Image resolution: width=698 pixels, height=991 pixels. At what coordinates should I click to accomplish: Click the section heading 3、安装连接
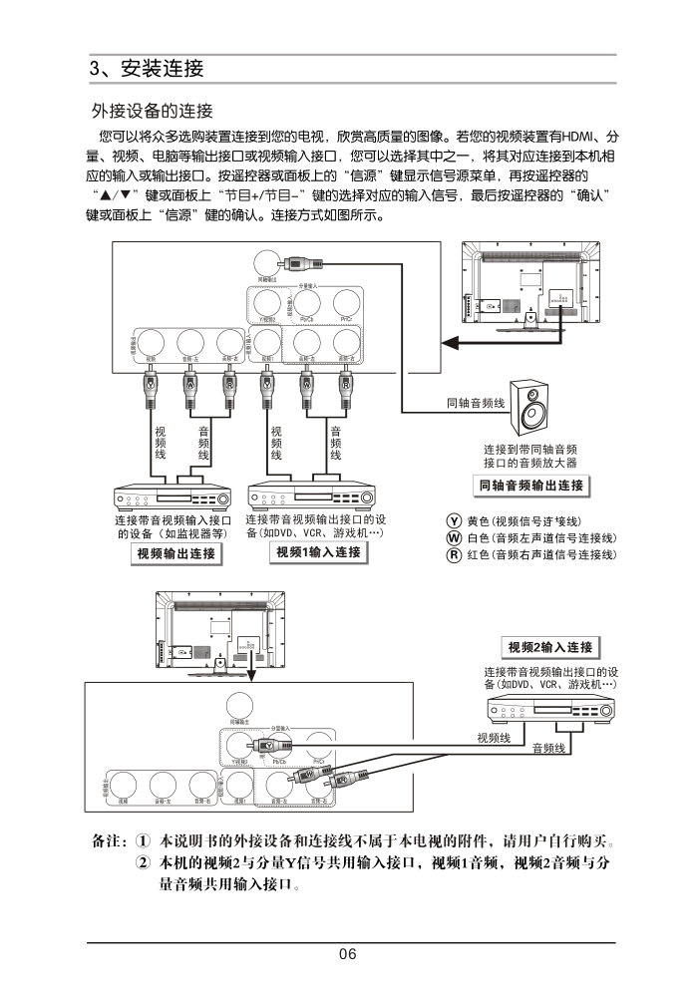(x=147, y=69)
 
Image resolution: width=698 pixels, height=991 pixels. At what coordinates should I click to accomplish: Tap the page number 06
(x=347, y=954)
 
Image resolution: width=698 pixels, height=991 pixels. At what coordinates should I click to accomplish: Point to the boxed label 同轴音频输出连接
(x=529, y=486)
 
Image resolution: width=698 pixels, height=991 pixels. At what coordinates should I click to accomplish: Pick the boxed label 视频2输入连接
(x=549, y=647)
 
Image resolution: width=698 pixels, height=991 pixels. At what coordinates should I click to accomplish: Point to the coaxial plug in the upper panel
(x=296, y=265)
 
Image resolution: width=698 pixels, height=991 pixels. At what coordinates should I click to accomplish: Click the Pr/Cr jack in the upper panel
(x=346, y=302)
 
